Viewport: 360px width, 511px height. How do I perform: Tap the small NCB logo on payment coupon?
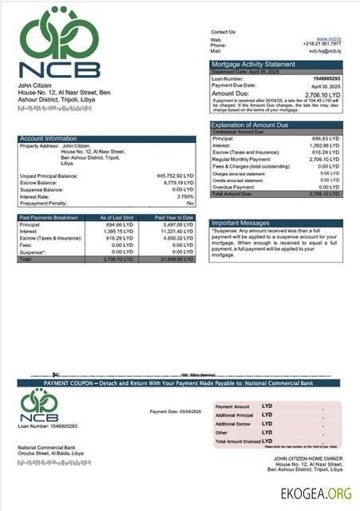[x=39, y=406]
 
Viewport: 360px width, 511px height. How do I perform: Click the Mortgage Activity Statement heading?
[x=253, y=64]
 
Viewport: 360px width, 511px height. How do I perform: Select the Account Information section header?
[x=49, y=138]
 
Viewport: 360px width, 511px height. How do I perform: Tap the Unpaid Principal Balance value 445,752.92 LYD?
[x=176, y=176]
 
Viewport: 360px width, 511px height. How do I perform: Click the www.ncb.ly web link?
[x=329, y=38]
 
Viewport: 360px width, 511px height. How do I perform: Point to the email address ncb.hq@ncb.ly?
[x=325, y=50]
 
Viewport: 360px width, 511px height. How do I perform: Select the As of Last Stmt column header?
[x=117, y=217]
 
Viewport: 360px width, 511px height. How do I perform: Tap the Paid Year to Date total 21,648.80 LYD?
[x=176, y=259]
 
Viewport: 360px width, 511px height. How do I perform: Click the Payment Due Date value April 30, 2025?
[x=326, y=85]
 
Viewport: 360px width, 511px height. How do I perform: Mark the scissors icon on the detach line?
[x=56, y=374]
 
